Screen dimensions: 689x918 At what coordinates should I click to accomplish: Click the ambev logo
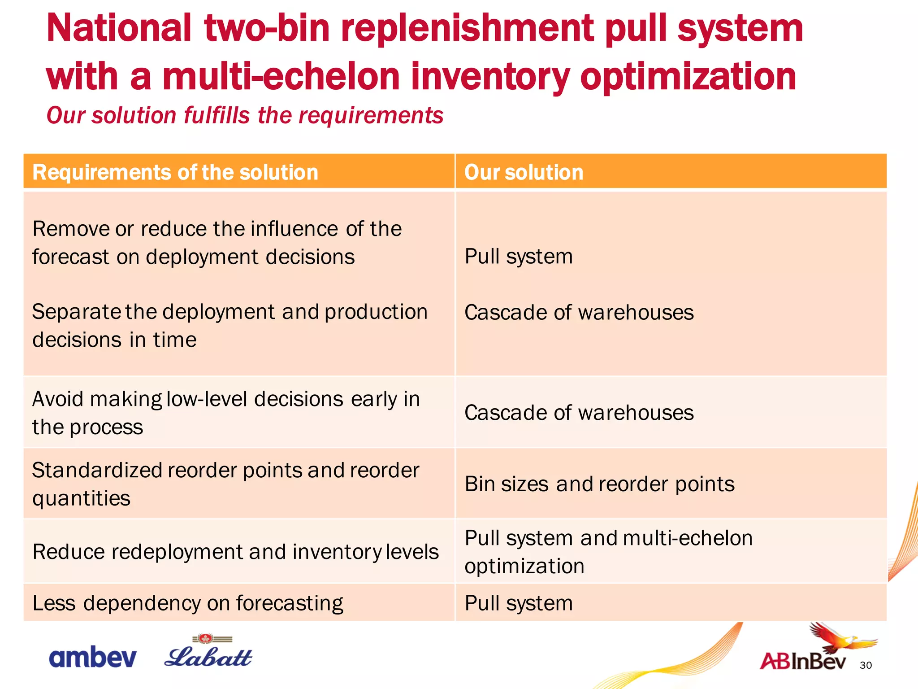tap(92, 657)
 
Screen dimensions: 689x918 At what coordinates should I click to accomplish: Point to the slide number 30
tap(866, 665)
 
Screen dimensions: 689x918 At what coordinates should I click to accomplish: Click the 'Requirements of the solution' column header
tap(175, 172)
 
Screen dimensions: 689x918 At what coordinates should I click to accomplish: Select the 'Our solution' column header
tap(524, 172)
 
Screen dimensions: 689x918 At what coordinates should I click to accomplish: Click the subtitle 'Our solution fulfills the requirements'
tap(245, 115)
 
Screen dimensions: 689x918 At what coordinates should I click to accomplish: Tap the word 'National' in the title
tap(119, 28)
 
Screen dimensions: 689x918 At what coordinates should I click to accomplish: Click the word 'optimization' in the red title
tap(688, 76)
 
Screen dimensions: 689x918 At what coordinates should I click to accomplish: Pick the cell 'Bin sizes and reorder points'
tap(599, 484)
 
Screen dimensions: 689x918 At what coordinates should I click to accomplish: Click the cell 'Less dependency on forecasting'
tap(188, 603)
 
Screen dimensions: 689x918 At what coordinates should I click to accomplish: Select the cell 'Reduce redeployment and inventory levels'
tap(235, 552)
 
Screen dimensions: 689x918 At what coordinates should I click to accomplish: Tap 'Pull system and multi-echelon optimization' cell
tap(608, 552)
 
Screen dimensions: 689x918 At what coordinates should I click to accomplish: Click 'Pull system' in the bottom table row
tap(519, 603)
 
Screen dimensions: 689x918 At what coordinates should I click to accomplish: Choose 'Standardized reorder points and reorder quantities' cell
tap(225, 484)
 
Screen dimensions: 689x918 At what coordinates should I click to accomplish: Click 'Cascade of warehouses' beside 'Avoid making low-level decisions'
tap(579, 412)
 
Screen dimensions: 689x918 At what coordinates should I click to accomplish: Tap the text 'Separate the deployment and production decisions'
tap(229, 325)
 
